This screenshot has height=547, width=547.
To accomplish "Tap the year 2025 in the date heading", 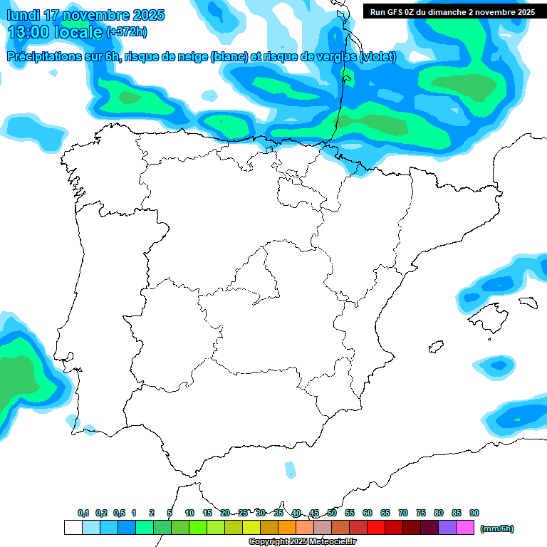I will (147, 15).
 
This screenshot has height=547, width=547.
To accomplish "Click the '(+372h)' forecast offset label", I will (127, 32).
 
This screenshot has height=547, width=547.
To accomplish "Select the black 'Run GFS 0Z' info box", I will (452, 11).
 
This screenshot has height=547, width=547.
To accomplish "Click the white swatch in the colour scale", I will (73, 528).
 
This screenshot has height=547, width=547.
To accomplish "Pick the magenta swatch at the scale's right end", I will (465, 528).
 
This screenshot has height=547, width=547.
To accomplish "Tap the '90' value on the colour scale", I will (474, 513).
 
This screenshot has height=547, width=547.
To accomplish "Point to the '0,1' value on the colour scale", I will (83, 513).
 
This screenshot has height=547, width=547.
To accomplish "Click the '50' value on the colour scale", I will (332, 513).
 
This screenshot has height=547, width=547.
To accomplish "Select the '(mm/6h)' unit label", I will (497, 528).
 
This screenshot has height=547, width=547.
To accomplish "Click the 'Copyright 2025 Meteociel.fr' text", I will (302, 542).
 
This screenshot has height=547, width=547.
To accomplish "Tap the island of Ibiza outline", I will (435, 347).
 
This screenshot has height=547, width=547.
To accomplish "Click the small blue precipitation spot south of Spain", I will (290, 469).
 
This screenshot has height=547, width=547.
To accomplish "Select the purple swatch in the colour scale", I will (447, 528).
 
